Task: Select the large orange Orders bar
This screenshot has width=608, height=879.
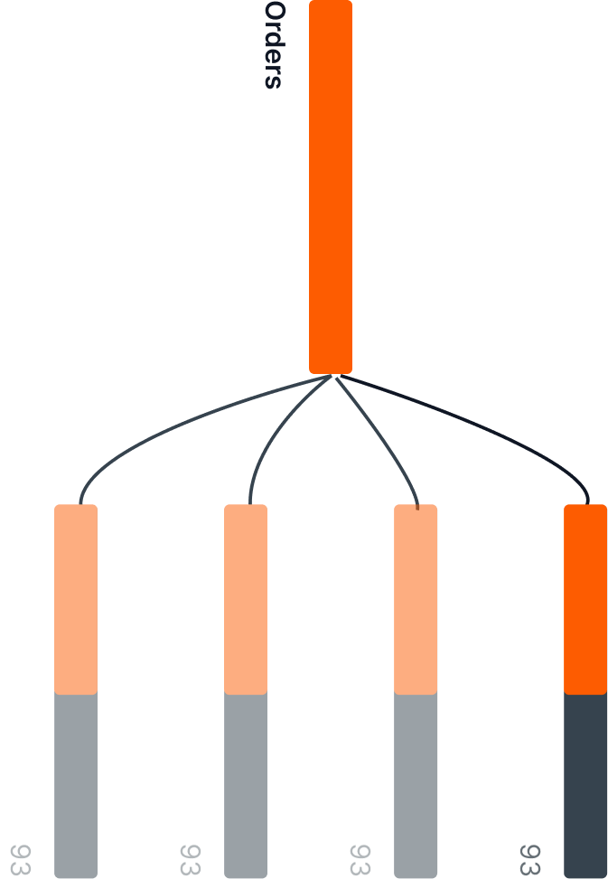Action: (x=331, y=186)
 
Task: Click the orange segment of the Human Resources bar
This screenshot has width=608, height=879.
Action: (x=76, y=598)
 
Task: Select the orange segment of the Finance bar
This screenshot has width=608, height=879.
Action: (x=246, y=598)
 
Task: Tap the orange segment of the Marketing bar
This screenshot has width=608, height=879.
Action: (x=416, y=598)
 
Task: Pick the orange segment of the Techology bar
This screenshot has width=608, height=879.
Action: (x=585, y=598)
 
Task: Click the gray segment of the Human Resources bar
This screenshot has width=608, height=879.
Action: (x=76, y=784)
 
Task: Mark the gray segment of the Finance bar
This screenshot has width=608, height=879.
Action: (x=246, y=784)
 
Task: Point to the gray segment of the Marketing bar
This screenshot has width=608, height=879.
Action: (x=416, y=784)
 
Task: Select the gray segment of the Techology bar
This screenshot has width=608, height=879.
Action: (x=585, y=784)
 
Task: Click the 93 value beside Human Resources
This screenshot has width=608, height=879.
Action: (x=19, y=859)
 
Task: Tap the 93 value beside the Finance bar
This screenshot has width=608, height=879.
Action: (x=189, y=859)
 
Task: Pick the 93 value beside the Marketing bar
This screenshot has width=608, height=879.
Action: (x=359, y=859)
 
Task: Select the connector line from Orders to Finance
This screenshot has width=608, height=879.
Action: (x=271, y=434)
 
